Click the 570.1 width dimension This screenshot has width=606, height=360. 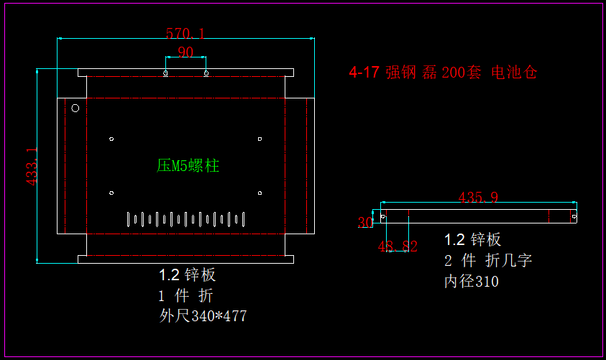185,33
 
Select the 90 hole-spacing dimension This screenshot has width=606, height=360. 185,52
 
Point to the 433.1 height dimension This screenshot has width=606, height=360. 32,167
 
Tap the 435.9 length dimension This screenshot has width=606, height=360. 478,198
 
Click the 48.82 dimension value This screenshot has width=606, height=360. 398,246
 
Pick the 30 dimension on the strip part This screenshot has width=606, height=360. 365,223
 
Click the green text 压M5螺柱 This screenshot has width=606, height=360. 188,166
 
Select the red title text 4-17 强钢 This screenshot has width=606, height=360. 375,73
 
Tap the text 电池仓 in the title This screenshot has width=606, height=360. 514,73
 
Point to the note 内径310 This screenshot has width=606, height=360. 471,282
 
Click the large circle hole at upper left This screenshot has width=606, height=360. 74,109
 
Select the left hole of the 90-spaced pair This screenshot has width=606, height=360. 166,73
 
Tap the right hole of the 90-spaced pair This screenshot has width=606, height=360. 206,73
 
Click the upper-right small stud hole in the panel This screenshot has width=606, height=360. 260,139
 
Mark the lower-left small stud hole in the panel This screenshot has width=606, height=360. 111,193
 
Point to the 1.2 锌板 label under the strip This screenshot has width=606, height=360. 472,240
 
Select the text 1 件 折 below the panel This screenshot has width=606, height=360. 185,295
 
